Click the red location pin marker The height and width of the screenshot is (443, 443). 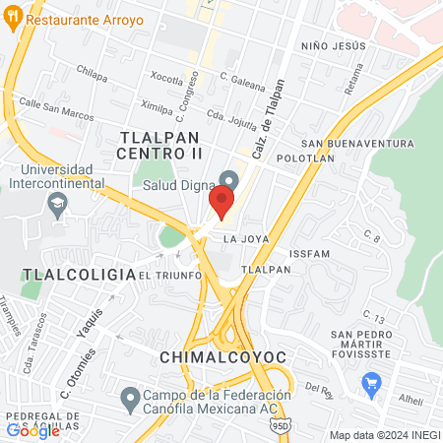pyautogui.click(x=221, y=202)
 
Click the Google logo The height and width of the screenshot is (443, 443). pyautogui.click(x=32, y=429)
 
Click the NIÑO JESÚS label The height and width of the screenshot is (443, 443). pyautogui.click(x=334, y=46)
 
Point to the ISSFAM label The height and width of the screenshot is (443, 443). pyautogui.click(x=311, y=253)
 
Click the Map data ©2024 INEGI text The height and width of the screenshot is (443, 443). pyautogui.click(x=384, y=434)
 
